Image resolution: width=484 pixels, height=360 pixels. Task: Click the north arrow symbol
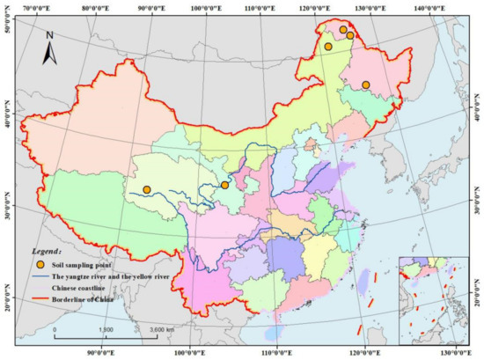click(x=51, y=49)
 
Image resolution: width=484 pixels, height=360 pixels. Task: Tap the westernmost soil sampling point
click(x=147, y=189)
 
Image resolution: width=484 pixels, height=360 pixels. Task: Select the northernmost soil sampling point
click(x=343, y=30)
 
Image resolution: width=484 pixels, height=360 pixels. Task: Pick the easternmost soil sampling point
click(x=366, y=85)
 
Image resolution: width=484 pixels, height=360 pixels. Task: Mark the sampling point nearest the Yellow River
click(x=224, y=185)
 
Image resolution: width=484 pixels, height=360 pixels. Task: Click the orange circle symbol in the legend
click(x=40, y=264)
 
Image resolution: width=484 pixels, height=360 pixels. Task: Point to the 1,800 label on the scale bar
click(x=105, y=328)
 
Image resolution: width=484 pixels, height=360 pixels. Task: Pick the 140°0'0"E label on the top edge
click(x=428, y=6)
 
